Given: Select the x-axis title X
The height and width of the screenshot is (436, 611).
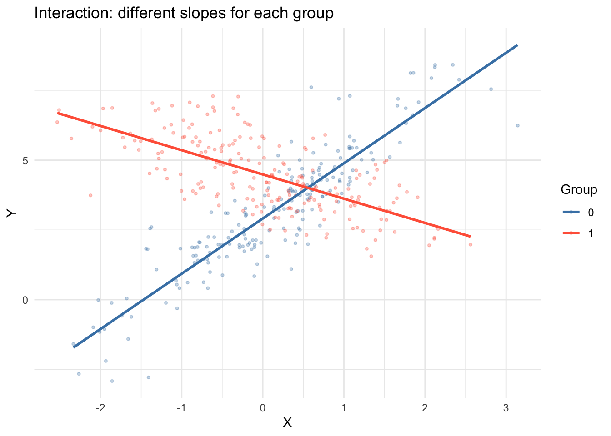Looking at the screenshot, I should click(x=287, y=423).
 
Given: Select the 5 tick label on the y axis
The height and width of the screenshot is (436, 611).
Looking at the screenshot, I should click(x=25, y=160).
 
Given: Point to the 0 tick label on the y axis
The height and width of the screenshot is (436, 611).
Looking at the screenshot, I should click(x=25, y=300).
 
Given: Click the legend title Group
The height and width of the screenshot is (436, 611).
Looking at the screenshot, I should click(x=579, y=189).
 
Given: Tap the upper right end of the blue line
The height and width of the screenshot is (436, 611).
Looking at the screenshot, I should click(x=517, y=45).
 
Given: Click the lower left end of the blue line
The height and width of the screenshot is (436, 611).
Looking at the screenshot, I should click(x=74, y=347).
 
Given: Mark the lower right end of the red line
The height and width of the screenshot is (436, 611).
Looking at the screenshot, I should click(x=470, y=236).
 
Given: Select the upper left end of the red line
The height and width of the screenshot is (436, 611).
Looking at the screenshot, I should click(x=58, y=113).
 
